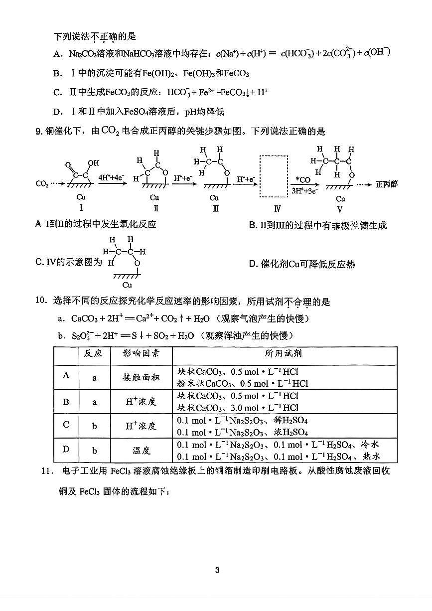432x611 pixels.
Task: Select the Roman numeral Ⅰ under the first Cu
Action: coord(81,209)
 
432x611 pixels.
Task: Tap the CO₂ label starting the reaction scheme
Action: coord(42,184)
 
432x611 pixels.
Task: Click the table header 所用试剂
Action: coord(284,353)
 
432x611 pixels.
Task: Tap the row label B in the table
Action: coord(65,402)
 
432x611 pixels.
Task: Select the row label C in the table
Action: coord(65,425)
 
